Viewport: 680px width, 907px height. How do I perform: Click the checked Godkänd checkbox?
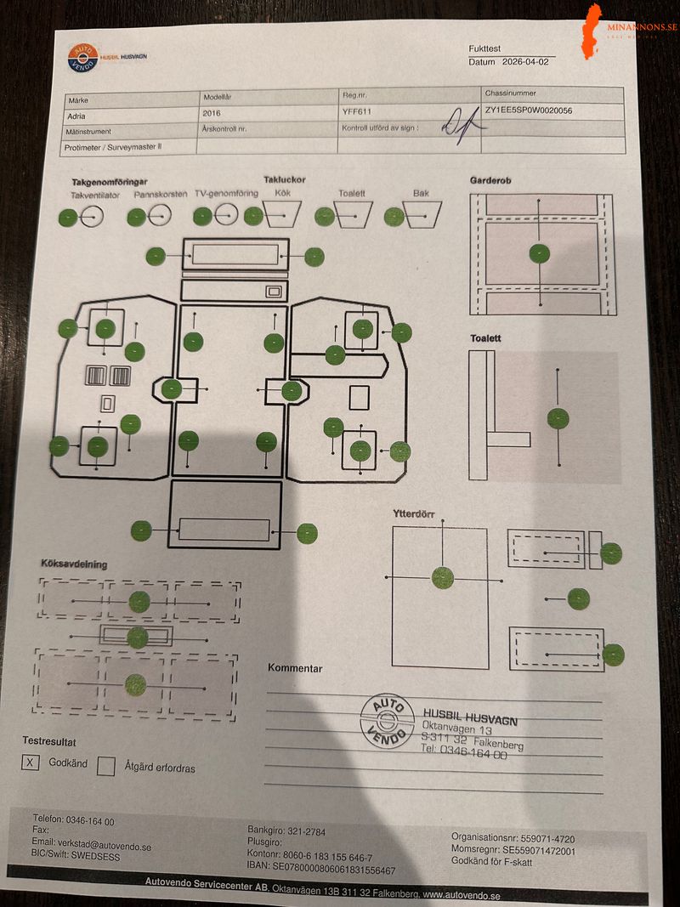(31, 762)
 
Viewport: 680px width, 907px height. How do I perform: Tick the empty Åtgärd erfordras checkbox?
(106, 767)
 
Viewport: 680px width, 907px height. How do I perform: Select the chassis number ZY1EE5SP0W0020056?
(528, 111)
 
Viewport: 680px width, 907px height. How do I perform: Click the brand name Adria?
(76, 116)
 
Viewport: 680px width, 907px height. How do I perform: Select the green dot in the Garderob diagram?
(539, 252)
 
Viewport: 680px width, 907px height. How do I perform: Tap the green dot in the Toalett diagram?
(558, 418)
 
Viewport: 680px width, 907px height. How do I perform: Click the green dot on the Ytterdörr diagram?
(442, 578)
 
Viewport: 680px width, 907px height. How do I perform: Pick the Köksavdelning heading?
(74, 564)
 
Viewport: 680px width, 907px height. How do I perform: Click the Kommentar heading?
(295, 668)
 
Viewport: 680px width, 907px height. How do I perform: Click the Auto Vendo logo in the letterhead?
(83, 58)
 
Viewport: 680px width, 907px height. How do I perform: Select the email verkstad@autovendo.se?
(91, 846)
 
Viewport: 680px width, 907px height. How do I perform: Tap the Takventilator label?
(95, 195)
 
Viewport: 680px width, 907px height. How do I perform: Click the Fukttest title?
(485, 49)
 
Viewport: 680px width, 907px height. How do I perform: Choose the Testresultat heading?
(54, 741)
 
